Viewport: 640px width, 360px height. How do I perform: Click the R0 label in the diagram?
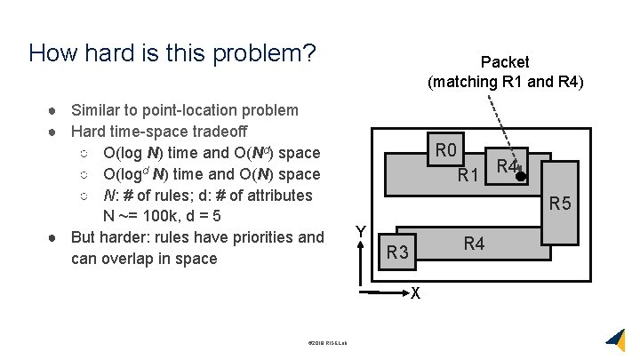click(x=445, y=148)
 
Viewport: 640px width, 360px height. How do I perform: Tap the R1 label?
click(x=469, y=175)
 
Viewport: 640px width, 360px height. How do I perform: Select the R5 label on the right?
click(x=560, y=204)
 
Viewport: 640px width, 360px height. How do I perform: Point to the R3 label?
click(x=397, y=254)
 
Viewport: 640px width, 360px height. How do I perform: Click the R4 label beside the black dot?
click(x=508, y=165)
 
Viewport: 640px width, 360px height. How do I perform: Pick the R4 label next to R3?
click(x=475, y=243)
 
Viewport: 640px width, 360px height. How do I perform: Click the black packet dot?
click(x=521, y=176)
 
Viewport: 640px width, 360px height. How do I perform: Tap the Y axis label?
click(x=360, y=231)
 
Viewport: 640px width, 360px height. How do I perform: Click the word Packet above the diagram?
click(x=504, y=62)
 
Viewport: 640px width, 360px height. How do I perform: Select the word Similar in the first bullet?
click(x=98, y=110)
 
